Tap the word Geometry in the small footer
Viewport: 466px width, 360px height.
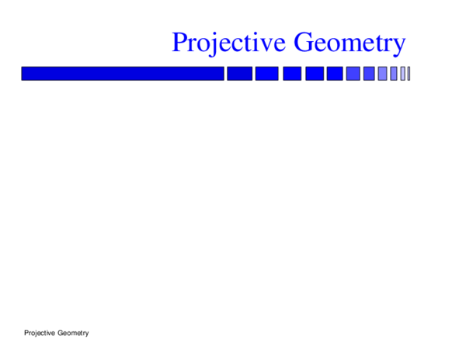click(x=73, y=333)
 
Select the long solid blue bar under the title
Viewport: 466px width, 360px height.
click(x=123, y=74)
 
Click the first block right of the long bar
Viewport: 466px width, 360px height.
click(x=239, y=74)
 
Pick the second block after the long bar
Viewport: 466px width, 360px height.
click(x=266, y=74)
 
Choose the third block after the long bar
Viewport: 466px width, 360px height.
click(x=291, y=74)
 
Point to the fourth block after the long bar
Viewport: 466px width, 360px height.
click(x=315, y=74)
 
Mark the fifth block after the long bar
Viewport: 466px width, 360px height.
click(x=335, y=74)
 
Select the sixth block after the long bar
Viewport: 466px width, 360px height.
click(x=353, y=74)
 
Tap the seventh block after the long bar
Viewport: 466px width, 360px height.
click(x=369, y=74)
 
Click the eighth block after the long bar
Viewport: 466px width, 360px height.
click(x=382, y=74)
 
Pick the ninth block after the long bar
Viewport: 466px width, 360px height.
click(x=394, y=74)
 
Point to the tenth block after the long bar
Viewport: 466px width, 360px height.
click(x=402, y=74)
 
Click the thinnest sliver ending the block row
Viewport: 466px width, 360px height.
click(x=409, y=74)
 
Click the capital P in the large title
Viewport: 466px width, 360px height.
click(x=180, y=42)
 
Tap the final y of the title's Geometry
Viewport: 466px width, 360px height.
click(x=397, y=47)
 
